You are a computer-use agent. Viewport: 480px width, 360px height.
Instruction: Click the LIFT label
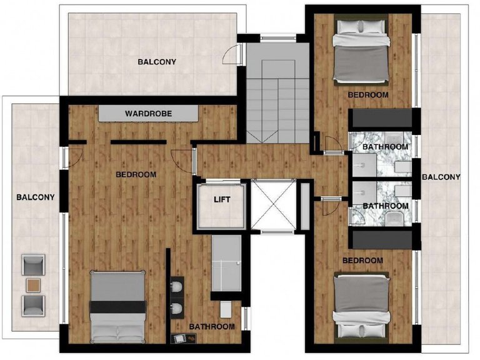coord(222,199)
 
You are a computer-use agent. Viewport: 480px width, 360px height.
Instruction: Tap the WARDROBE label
coord(149,114)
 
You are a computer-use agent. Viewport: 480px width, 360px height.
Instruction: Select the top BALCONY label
coord(157,62)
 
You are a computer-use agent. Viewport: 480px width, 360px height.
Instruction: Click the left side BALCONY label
coord(36,197)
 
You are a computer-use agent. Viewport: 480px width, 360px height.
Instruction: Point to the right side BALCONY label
coord(441,177)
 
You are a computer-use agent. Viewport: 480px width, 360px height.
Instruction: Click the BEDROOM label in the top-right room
coord(368,95)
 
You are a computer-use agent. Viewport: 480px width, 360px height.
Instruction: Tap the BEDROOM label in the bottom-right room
coord(362,261)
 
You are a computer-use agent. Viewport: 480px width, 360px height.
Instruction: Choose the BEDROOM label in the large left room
coord(136,174)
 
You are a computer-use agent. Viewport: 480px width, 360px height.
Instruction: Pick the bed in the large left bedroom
coord(117,306)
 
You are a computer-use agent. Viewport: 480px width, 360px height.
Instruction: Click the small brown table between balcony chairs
coord(33,285)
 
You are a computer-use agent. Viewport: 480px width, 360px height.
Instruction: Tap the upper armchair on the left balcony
coord(33,265)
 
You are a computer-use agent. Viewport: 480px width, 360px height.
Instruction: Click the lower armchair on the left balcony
coord(33,306)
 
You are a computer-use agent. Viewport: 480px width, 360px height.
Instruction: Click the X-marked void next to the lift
coord(274,204)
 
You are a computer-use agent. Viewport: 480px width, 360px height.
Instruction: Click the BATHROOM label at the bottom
coord(212,327)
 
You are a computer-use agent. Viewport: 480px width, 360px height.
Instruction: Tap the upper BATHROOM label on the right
coord(386,147)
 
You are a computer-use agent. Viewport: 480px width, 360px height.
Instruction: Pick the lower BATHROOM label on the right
coord(386,206)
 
